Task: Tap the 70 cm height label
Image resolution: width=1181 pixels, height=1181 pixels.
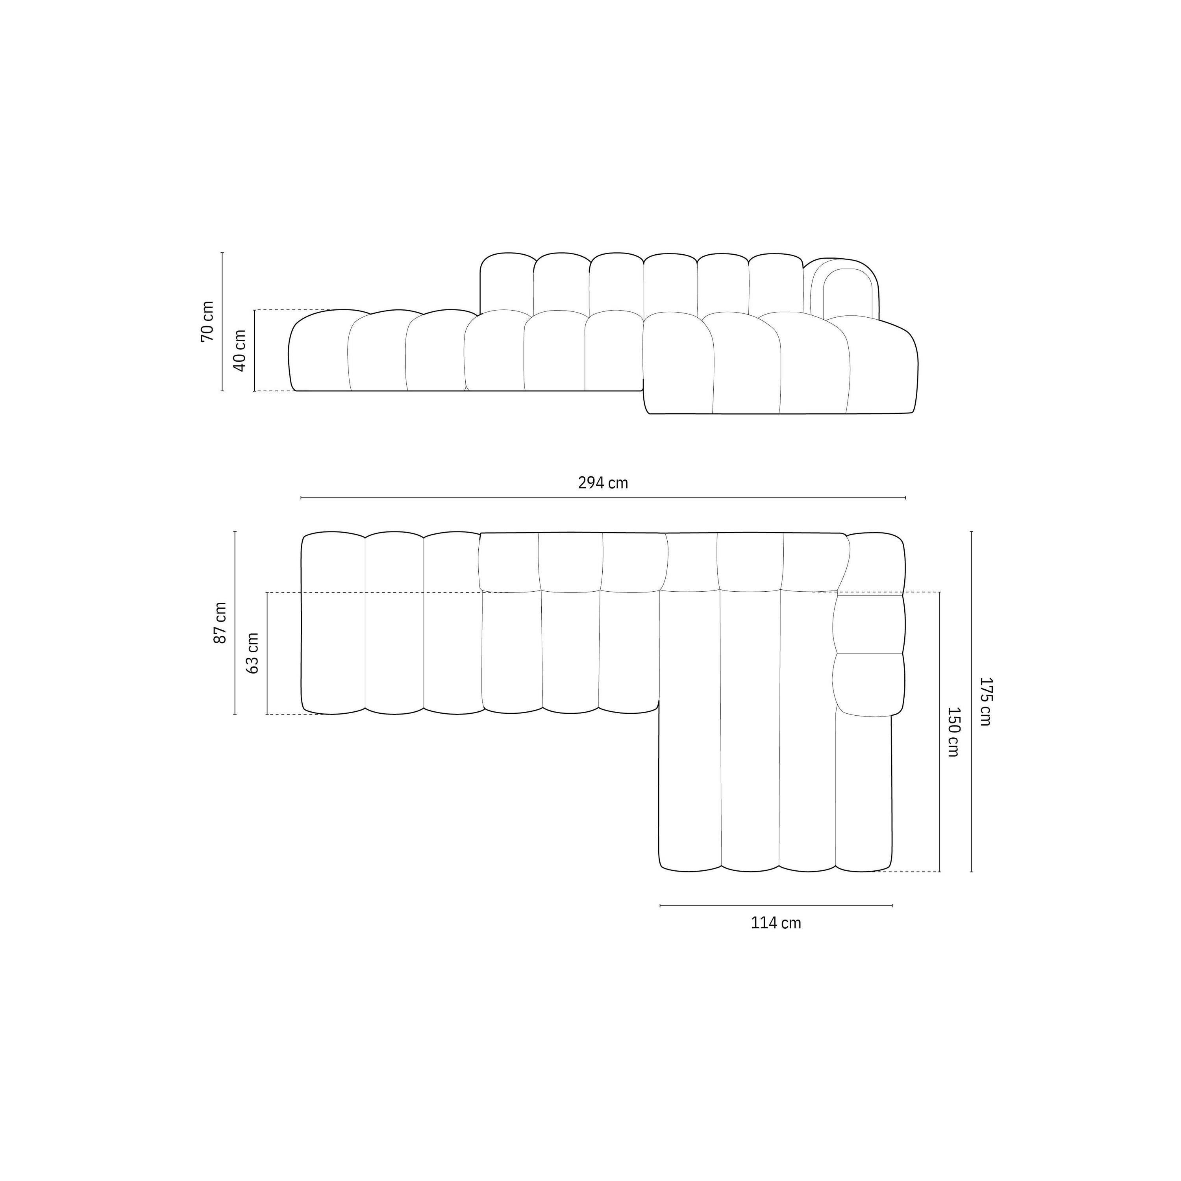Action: click(x=208, y=322)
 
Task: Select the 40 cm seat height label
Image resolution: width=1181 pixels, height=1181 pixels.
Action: click(x=240, y=350)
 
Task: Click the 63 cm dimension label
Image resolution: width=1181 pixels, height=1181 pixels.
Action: click(x=252, y=653)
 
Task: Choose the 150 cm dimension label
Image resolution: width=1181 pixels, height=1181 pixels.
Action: click(x=953, y=732)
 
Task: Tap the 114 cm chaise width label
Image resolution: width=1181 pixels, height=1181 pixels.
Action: click(x=776, y=923)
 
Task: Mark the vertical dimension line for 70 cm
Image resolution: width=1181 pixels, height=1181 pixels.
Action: click(x=222, y=322)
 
